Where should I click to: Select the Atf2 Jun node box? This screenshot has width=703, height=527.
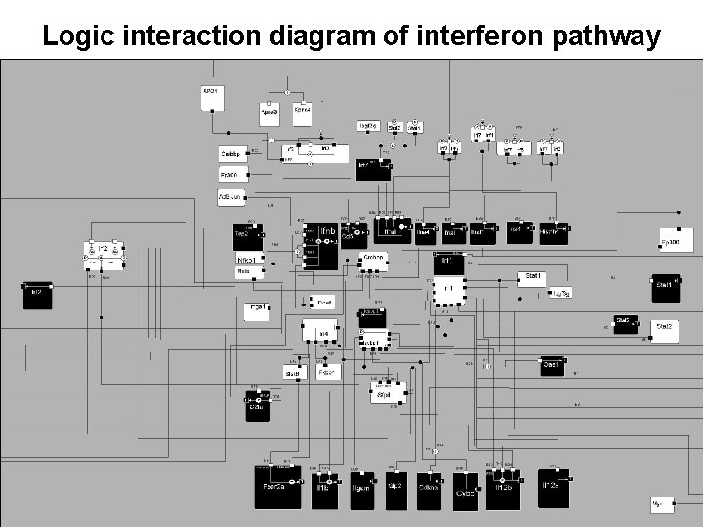[x=232, y=198]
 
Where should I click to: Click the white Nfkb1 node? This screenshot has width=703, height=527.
[x=249, y=260]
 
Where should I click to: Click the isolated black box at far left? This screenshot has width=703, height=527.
[x=38, y=295]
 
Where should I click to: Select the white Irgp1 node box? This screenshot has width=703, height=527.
[x=256, y=311]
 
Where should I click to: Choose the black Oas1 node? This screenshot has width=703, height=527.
[x=553, y=366]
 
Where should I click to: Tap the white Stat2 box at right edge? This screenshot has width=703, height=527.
[x=665, y=327]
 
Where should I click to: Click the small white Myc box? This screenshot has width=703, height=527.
[x=662, y=504]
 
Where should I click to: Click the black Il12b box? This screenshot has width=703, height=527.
[x=503, y=488]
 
